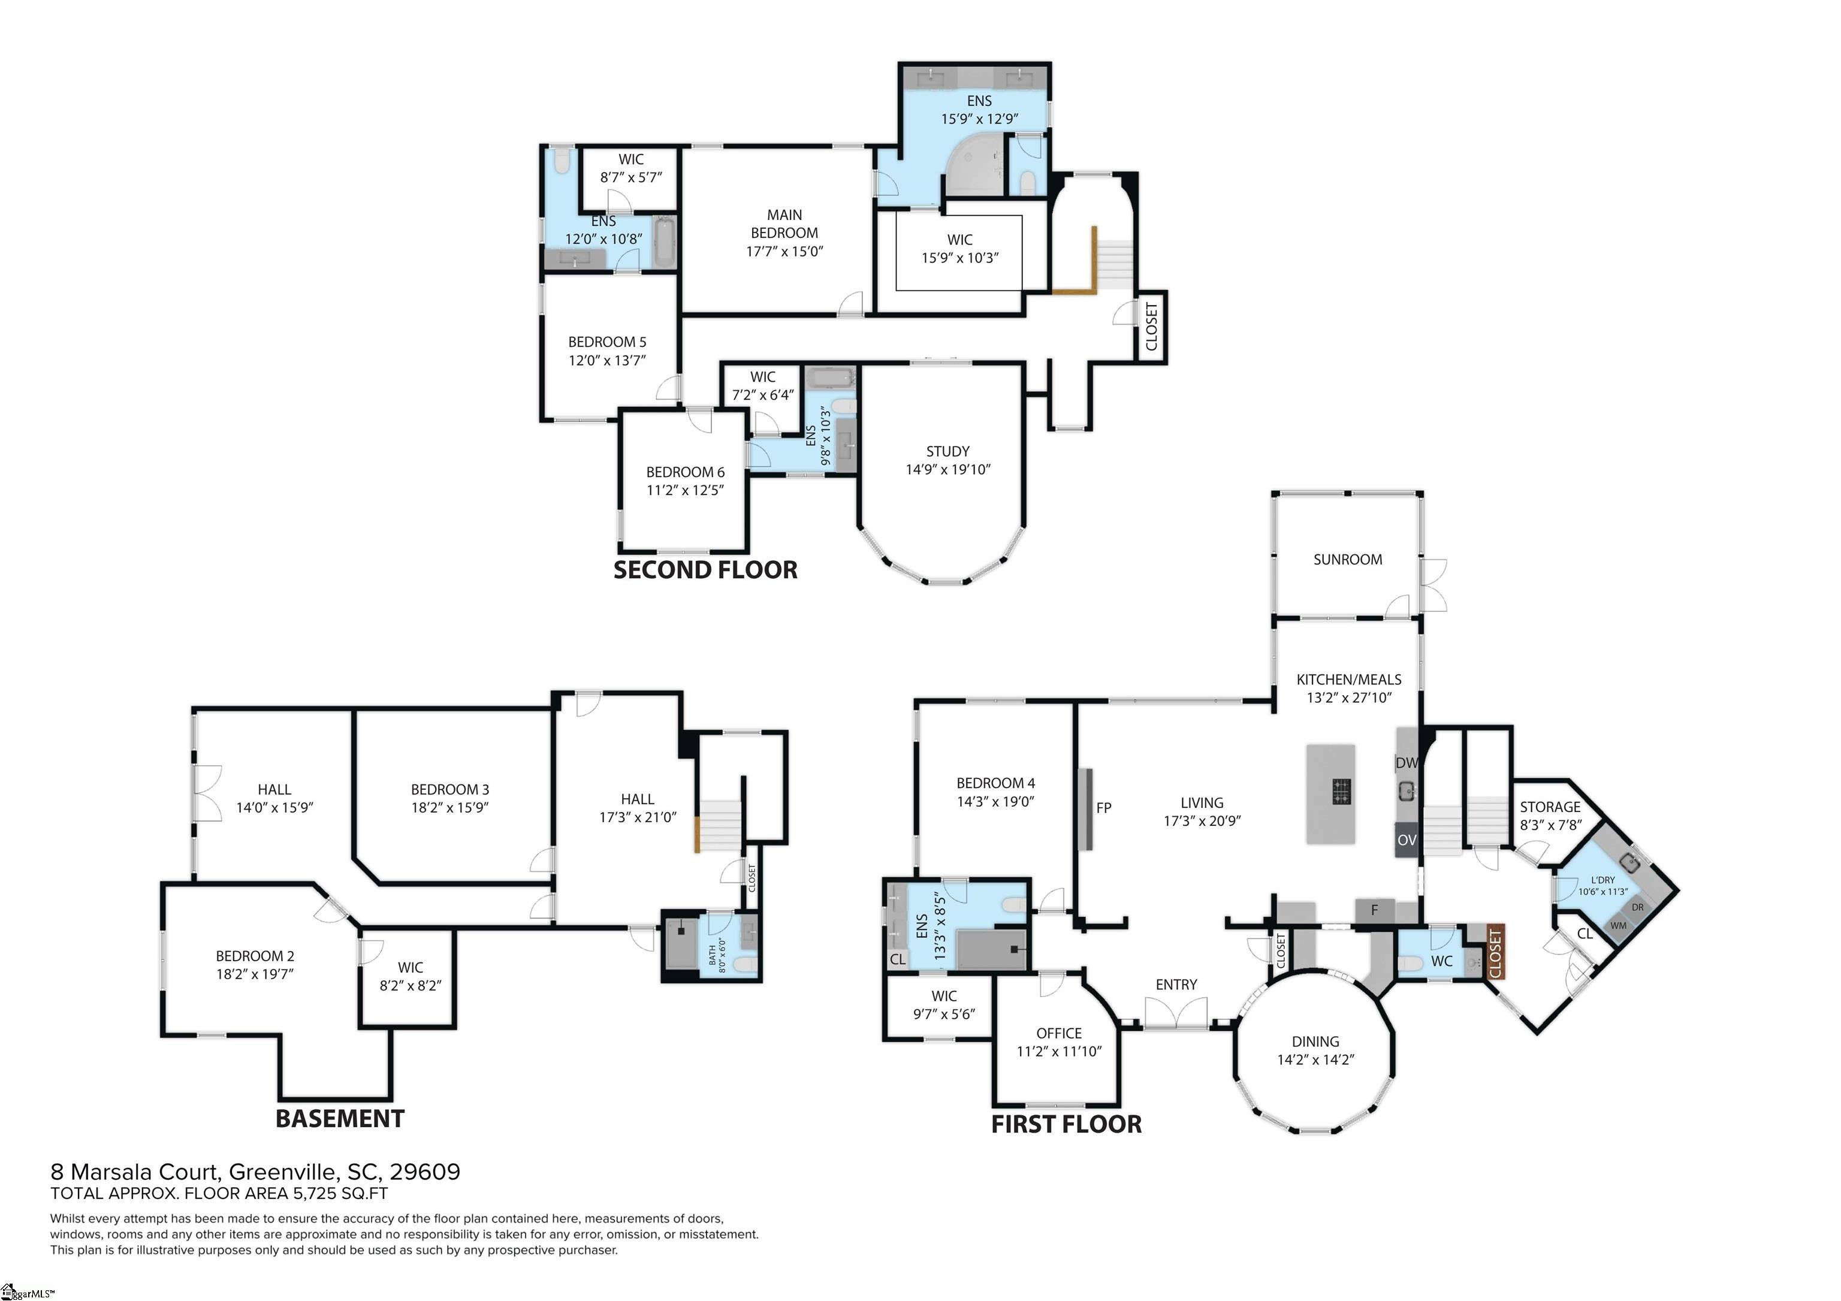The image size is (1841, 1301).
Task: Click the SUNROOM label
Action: pyautogui.click(x=1347, y=560)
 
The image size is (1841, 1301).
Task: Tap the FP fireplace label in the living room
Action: pyautogui.click(x=1103, y=808)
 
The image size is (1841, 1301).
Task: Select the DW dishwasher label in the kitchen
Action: pyautogui.click(x=1407, y=763)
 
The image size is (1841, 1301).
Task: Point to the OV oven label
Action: pyautogui.click(x=1407, y=840)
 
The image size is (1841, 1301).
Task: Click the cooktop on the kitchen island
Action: pyautogui.click(x=1341, y=791)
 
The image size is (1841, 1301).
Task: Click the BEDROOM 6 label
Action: pyautogui.click(x=685, y=472)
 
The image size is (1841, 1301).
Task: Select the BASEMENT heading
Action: pyautogui.click(x=340, y=1119)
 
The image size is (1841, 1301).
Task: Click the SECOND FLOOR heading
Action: pyautogui.click(x=705, y=570)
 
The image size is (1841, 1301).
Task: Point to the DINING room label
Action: pyautogui.click(x=1315, y=1042)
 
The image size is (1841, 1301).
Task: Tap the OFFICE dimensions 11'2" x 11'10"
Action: pyautogui.click(x=1059, y=1052)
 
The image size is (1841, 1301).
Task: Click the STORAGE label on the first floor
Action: pyautogui.click(x=1550, y=807)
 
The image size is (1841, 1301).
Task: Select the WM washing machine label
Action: pyautogui.click(x=1618, y=926)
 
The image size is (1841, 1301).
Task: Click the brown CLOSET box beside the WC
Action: pyautogui.click(x=1495, y=952)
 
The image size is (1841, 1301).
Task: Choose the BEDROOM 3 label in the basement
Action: pyautogui.click(x=450, y=790)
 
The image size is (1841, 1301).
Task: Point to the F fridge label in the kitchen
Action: pyautogui.click(x=1374, y=910)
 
